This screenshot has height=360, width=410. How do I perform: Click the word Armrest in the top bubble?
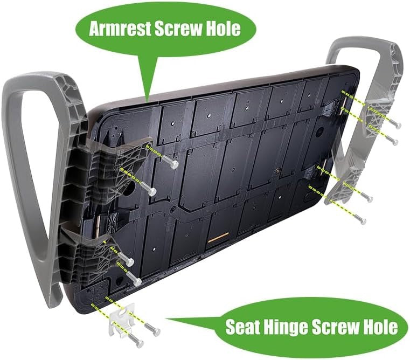pos(120,29)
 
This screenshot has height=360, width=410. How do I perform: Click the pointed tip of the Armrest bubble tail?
pos(147,101)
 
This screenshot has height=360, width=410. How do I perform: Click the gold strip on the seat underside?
pos(218,237)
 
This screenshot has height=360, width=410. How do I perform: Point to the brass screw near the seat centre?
pos(276,171)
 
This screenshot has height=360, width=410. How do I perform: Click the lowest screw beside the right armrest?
pos(359,219)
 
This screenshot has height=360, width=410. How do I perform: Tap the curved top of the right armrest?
pos(366,42)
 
